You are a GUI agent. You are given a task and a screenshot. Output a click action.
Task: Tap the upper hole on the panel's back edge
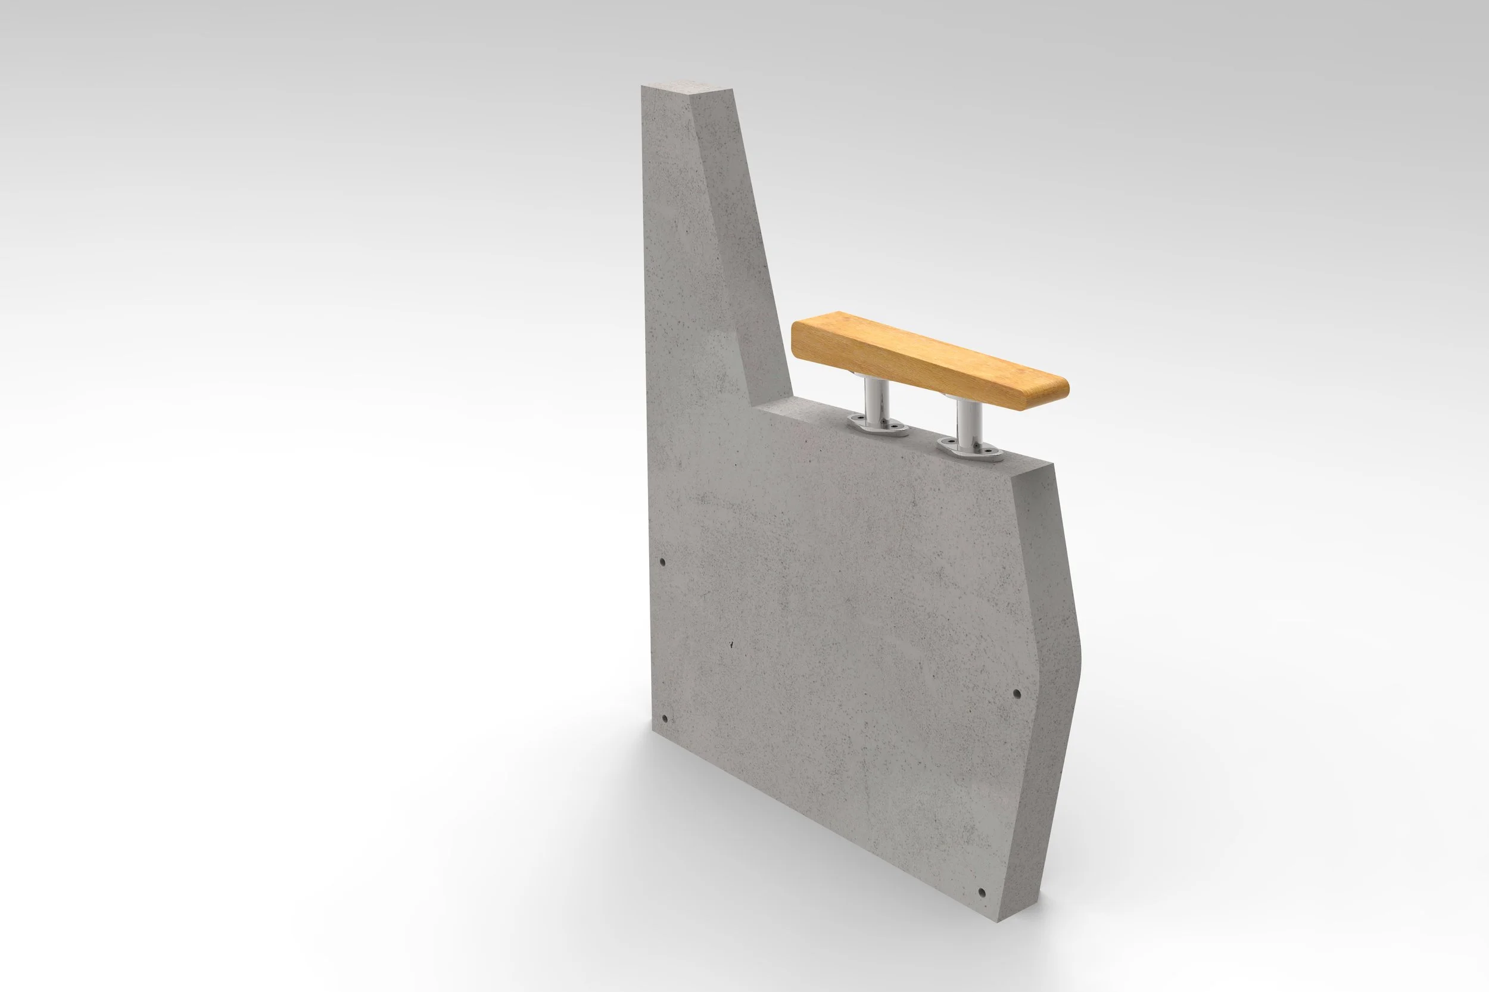pyautogui.click(x=662, y=562)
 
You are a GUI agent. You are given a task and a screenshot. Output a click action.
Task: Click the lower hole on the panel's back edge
pyautogui.click(x=665, y=719)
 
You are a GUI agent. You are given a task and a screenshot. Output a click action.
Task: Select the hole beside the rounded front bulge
pyautogui.click(x=1017, y=694)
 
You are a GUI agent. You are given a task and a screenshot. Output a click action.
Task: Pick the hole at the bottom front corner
pyautogui.click(x=982, y=893)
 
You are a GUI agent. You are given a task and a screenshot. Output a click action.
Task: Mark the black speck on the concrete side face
pyautogui.click(x=732, y=645)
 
